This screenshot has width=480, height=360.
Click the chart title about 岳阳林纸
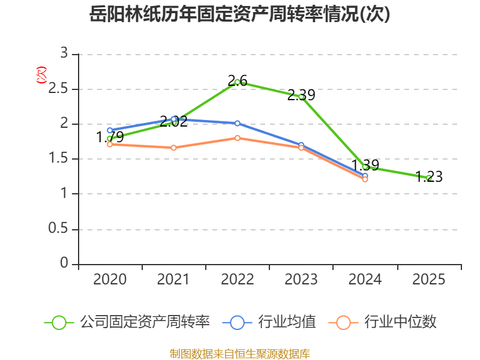(239, 14)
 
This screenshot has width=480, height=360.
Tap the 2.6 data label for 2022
(238, 80)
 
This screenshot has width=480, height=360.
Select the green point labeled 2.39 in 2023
(301, 95)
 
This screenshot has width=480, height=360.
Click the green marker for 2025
(429, 178)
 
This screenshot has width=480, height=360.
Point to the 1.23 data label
(429, 177)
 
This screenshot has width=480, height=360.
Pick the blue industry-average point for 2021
(174, 119)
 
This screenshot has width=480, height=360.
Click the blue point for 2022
(238, 123)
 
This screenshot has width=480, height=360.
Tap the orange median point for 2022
(238, 138)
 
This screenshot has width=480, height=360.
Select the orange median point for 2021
(174, 148)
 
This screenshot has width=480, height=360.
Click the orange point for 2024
(365, 179)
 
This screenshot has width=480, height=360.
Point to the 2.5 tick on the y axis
(59, 89)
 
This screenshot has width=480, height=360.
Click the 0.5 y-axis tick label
(59, 229)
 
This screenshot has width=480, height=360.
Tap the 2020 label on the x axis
(110, 280)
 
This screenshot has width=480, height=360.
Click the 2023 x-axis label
(301, 280)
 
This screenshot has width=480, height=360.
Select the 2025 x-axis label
(429, 280)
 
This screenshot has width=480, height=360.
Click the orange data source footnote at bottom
(239, 353)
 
